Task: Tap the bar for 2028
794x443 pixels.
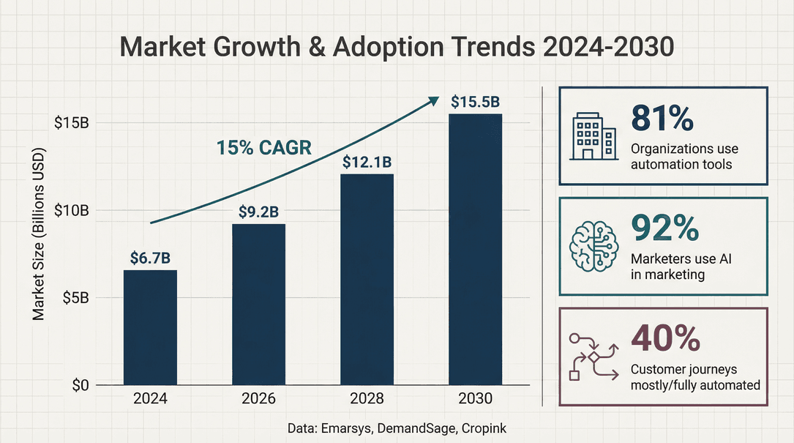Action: click(367, 279)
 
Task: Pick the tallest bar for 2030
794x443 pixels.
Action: click(476, 249)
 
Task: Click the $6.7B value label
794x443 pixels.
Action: click(150, 258)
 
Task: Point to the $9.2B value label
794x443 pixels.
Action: click(258, 212)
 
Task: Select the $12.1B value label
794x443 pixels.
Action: click(367, 162)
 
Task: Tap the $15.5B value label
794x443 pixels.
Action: click(476, 102)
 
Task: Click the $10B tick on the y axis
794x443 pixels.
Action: click(72, 211)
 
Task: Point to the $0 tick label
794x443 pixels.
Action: click(80, 385)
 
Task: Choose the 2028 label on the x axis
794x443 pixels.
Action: click(367, 399)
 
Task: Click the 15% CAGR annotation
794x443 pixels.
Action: click(264, 147)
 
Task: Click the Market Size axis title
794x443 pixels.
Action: click(39, 234)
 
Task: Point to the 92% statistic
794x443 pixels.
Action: click(664, 229)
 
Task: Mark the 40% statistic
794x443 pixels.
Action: click(665, 338)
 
